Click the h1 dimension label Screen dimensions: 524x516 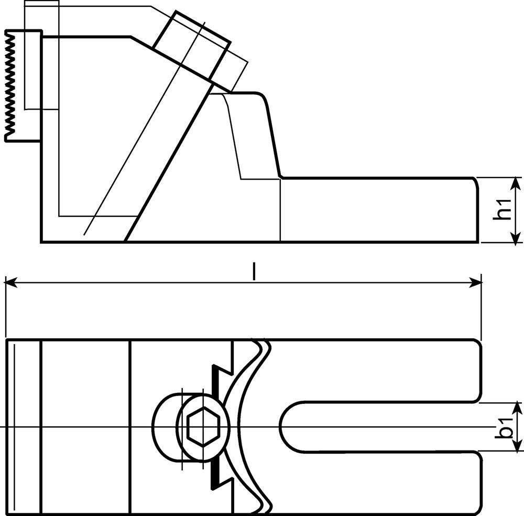[x=503, y=209]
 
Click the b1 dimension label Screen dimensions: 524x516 [x=505, y=427]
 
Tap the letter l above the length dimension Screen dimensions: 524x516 [x=254, y=271]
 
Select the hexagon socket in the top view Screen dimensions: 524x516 [x=203, y=427]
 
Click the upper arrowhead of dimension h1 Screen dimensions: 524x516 [x=517, y=183]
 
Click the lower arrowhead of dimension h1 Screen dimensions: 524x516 [x=517, y=236]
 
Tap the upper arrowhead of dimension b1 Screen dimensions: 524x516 [x=517, y=409]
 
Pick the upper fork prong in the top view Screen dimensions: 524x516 [x=374, y=370]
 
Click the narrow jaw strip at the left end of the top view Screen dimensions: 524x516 [x=24, y=427]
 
